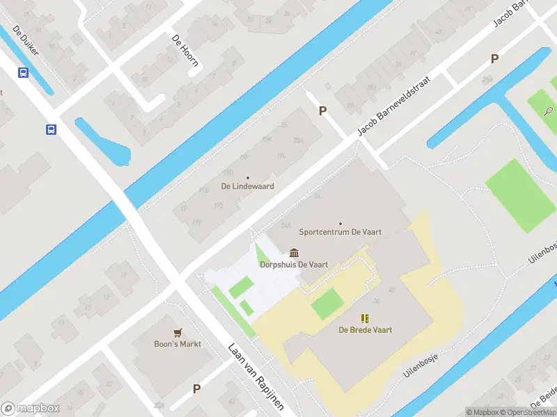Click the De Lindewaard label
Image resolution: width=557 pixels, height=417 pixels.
click(x=247, y=186)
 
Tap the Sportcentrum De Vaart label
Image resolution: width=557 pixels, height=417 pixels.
click(x=340, y=231)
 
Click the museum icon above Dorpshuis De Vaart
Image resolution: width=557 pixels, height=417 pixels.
click(x=294, y=253)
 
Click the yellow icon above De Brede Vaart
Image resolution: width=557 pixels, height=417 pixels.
click(x=366, y=318)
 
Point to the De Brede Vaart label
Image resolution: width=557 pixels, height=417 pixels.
click(x=366, y=329)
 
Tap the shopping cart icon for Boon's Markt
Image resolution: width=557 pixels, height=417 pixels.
click(x=178, y=333)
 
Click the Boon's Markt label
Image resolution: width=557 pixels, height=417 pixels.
click(x=178, y=344)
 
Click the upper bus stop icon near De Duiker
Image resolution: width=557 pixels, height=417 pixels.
click(x=23, y=72)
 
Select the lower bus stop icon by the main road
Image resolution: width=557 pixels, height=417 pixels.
click(x=51, y=129)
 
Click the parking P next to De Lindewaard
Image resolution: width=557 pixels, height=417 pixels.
click(x=322, y=111)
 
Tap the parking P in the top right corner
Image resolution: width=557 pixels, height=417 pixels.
click(x=494, y=59)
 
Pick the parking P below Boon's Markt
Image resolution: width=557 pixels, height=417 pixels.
click(x=196, y=389)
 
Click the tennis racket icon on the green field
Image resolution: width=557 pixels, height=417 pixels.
click(x=549, y=110)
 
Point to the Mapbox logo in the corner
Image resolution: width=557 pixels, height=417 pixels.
click(x=31, y=409)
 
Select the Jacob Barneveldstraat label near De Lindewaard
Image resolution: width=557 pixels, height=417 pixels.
click(x=394, y=106)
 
